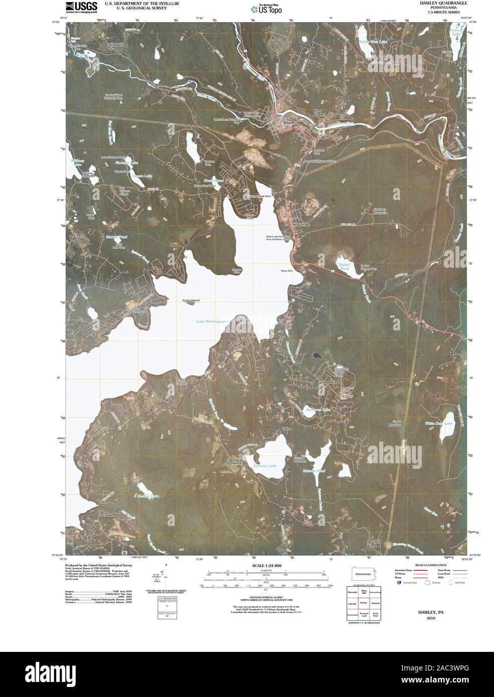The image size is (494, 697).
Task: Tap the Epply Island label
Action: [190, 300]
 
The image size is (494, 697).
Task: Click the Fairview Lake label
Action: [265, 466]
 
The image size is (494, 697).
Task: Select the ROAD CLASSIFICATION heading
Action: [431, 565]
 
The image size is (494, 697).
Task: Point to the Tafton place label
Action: [287, 429]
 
